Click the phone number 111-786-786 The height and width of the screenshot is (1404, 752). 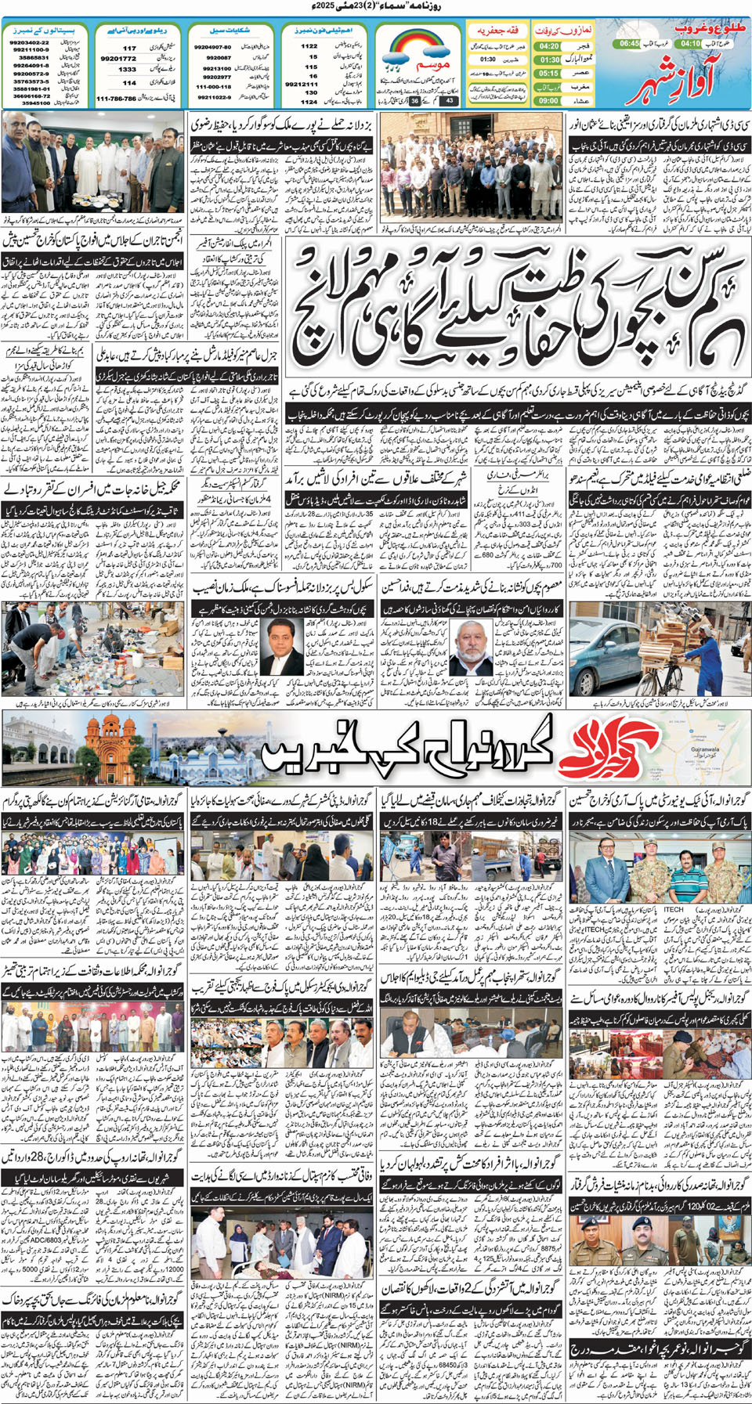pyautogui.click(x=117, y=99)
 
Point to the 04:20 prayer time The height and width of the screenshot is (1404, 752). pyautogui.click(x=548, y=47)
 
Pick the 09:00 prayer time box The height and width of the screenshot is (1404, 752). pyautogui.click(x=548, y=100)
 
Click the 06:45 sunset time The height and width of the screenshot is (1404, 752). pyautogui.click(x=630, y=44)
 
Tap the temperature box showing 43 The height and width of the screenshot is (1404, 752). pyautogui.click(x=449, y=101)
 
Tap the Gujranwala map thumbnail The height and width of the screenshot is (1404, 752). pyautogui.click(x=705, y=748)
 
